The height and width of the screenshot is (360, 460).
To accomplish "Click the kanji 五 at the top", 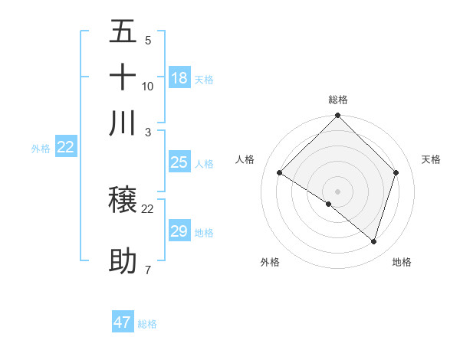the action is pos(123,32).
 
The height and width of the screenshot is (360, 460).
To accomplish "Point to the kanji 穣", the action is pos(123,201).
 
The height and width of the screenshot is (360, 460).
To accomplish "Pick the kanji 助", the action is pos(123,261).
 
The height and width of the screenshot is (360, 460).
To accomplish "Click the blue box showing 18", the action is pos(179,78).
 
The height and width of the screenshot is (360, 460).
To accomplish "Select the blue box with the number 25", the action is pos(179,162).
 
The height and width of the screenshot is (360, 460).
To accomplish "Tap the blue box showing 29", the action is pos(179,231).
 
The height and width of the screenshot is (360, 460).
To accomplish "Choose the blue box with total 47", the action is pos(123,322).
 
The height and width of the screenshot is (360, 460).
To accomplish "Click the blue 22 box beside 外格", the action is pos(65,148).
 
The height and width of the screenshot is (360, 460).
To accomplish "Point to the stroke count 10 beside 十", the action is pos(148,87).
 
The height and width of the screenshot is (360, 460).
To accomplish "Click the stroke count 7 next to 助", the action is pos(148,270).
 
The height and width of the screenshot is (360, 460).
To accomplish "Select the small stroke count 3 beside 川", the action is pos(148,131).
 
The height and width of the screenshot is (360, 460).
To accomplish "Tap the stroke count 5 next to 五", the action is pos(148,41).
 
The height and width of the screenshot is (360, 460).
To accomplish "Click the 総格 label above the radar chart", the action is pos(338,100).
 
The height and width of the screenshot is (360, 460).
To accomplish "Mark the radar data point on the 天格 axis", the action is pos(396,172).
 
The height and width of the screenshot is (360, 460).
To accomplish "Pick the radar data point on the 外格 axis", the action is pos(329,204).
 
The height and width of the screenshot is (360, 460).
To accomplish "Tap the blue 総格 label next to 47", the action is pos(147,324).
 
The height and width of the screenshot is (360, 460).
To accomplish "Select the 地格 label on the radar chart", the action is pos(402,263).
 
